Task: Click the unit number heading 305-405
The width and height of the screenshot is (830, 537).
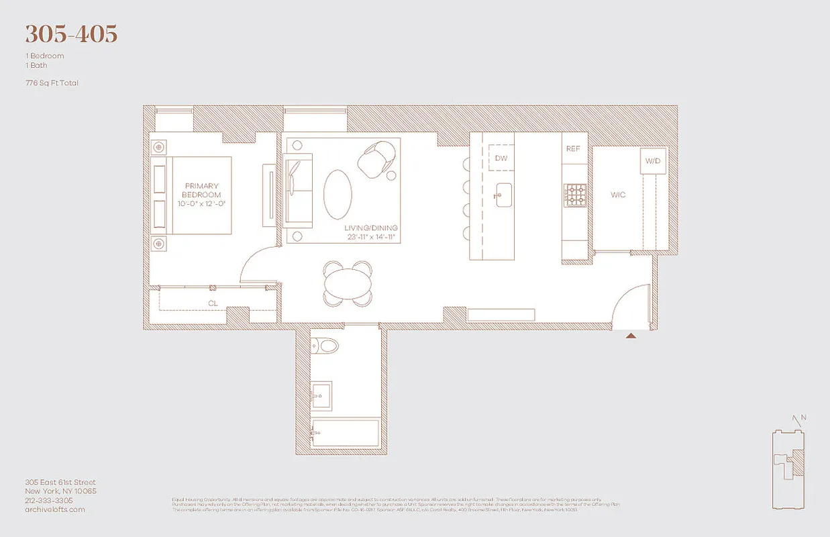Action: point(71,34)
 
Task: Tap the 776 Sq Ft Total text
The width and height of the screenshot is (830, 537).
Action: point(52,83)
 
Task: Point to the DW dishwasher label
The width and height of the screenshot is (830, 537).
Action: point(501,158)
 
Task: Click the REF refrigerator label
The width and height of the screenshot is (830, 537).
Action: point(572,149)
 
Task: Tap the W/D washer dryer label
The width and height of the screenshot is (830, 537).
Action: point(653,161)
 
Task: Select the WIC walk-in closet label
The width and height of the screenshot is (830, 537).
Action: point(617,195)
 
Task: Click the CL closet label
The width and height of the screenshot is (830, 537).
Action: point(213,303)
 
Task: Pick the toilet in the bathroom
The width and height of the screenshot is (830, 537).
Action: point(325,346)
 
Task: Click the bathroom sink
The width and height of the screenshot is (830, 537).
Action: point(321,394)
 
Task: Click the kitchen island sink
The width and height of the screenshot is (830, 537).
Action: point(502,194)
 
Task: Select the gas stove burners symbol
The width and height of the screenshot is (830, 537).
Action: point(575,195)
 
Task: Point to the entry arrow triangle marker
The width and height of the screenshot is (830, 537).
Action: point(631,335)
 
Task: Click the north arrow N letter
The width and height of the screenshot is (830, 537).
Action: point(803,418)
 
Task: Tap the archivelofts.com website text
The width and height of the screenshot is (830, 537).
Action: point(55,509)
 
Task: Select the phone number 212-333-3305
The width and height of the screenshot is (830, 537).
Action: point(49,500)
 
